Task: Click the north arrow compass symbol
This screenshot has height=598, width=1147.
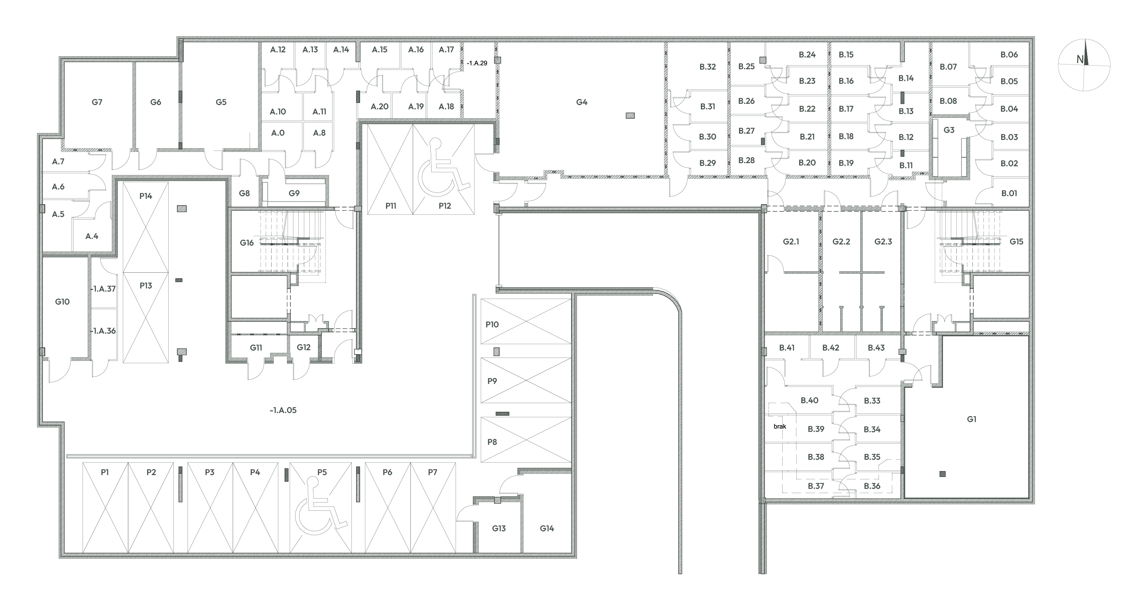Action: [x=1084, y=65]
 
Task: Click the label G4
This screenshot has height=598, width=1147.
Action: [x=581, y=102]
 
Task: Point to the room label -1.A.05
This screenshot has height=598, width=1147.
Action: [x=283, y=410]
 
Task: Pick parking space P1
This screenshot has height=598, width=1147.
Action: [x=105, y=507]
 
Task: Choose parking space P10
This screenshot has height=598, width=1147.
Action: [x=526, y=321]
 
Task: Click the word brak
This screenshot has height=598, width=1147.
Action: [x=779, y=426]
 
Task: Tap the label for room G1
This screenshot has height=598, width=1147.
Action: [x=972, y=419]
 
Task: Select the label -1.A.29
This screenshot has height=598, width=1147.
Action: [x=477, y=63]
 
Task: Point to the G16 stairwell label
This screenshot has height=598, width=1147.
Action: [x=247, y=243]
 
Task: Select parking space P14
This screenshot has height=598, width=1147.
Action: [x=145, y=227]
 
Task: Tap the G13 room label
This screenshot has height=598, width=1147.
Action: [x=499, y=528]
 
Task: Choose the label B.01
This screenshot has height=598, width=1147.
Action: [x=1009, y=193]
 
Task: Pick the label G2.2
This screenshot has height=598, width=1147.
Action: [x=841, y=242]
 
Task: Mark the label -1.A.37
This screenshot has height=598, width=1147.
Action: [x=103, y=289]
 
